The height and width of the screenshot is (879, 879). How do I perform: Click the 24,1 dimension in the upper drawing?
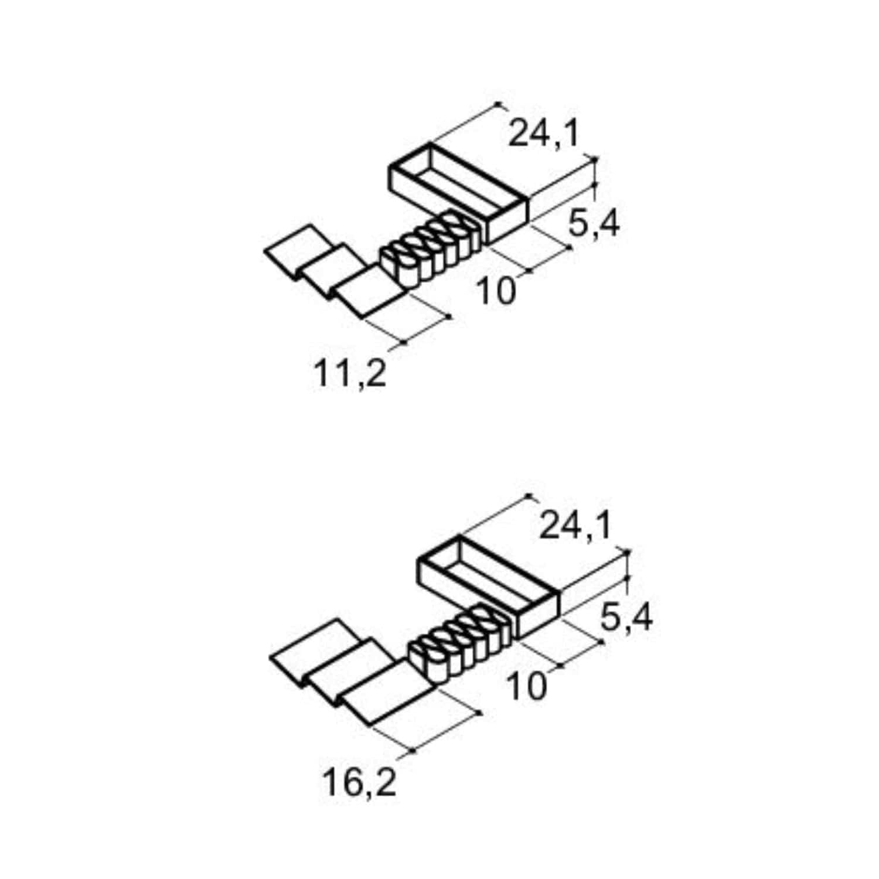click(x=544, y=133)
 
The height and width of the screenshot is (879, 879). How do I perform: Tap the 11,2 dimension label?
click(x=350, y=373)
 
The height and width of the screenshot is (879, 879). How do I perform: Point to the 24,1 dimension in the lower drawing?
click(x=575, y=526)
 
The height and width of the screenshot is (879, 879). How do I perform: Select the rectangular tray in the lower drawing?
click(x=489, y=586)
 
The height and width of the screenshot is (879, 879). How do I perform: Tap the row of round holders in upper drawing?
click(x=431, y=248)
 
